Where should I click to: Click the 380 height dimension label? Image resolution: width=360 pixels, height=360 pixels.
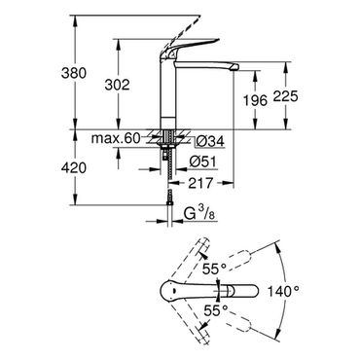74,73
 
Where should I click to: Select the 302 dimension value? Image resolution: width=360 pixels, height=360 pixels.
117,85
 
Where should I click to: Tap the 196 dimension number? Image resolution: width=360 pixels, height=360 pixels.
255,100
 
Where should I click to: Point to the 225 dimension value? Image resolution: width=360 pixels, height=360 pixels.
285,96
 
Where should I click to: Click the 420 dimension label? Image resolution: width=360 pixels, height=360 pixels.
74,167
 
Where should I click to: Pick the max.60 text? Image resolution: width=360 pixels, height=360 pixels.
116,138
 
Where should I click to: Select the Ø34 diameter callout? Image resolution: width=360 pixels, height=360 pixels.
210,141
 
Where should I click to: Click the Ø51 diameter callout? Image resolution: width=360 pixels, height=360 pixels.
202,162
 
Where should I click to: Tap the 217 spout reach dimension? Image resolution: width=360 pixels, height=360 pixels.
200,183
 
